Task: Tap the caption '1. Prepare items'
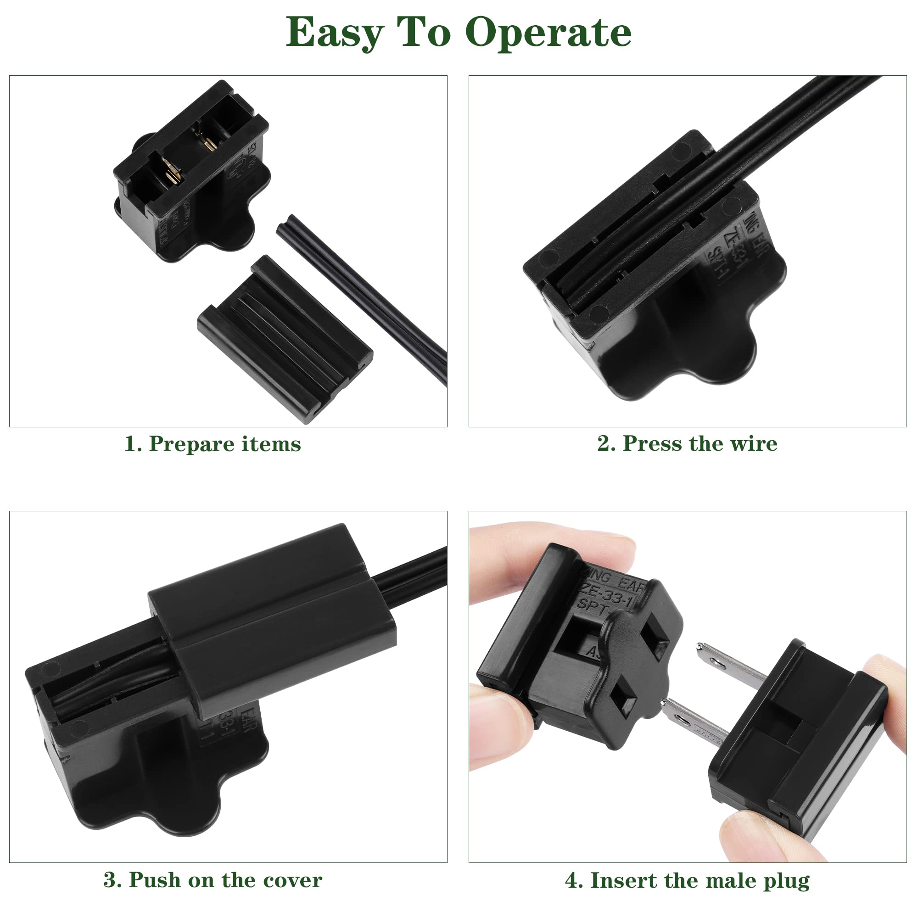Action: pos(213,444)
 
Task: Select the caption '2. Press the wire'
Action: pos(687,444)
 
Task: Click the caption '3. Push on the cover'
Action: pos(213,880)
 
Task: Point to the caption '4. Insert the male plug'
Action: pos(687,880)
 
